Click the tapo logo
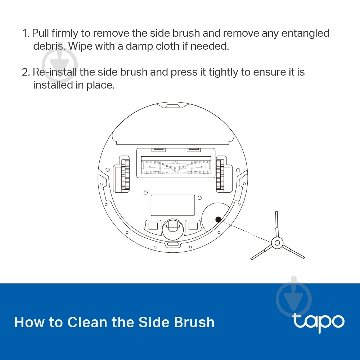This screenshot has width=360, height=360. click(319, 323)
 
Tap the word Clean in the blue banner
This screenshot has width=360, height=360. click(87, 322)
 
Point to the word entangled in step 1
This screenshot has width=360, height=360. click(305, 33)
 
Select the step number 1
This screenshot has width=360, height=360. click(26, 33)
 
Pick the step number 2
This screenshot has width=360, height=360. click(26, 72)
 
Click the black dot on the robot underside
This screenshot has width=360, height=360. click(219, 220)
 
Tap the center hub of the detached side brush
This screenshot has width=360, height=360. click(277, 243)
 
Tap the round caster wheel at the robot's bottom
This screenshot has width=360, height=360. click(173, 229)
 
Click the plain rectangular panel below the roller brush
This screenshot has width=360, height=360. click(173, 205)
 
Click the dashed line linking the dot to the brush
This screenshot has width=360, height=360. click(246, 231)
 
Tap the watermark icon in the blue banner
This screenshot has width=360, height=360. click(294, 298)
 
